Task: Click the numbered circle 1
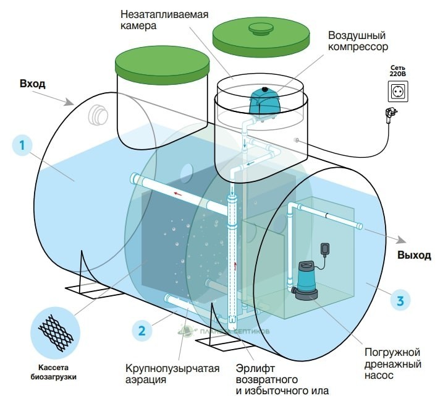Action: point(22,146)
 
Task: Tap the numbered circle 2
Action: point(142,330)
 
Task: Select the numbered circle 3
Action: point(400,301)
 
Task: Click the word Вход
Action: point(33,83)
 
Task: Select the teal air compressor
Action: point(264,101)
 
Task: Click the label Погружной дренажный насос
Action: point(394,363)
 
